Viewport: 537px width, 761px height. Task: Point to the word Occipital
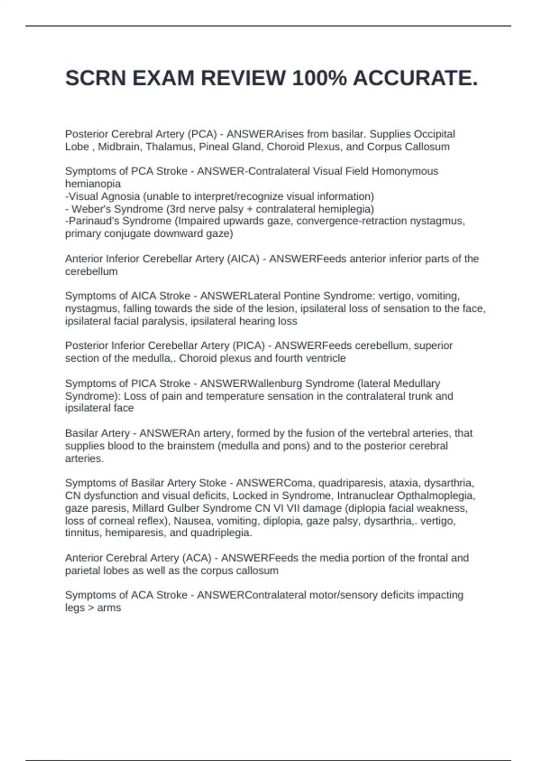[x=434, y=134]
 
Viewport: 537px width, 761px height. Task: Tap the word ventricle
[x=326, y=358]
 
